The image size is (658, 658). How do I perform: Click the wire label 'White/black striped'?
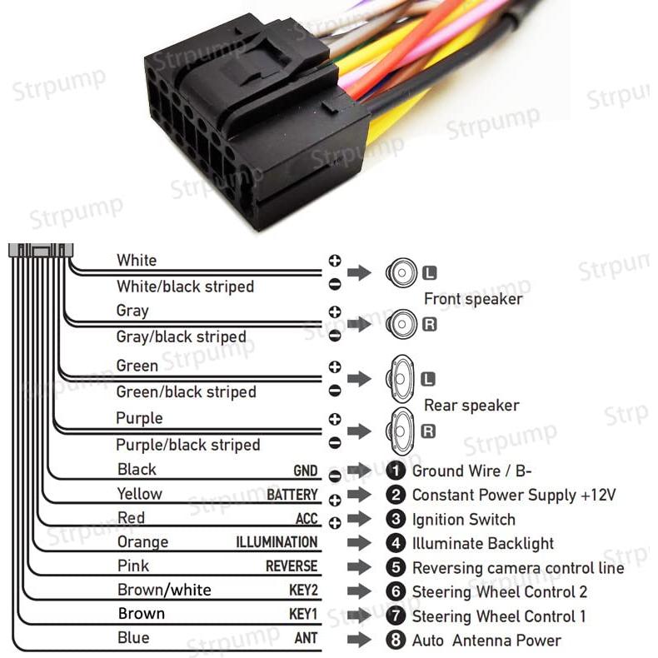[x=185, y=287]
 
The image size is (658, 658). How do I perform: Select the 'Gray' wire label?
[x=132, y=311]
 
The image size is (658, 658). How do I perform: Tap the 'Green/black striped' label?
[x=186, y=391]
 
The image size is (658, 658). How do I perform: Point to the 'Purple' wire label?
[x=139, y=418]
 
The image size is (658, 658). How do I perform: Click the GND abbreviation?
[x=305, y=471]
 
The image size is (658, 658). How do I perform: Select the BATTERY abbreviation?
[x=292, y=496]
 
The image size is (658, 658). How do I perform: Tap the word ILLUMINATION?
[x=277, y=543]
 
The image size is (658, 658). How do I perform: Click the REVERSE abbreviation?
[x=292, y=566]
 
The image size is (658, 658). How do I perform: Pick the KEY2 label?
[x=302, y=591]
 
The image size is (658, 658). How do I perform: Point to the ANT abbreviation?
[x=306, y=640]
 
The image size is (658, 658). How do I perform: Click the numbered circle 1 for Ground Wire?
[x=397, y=471]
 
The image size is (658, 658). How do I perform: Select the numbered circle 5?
[x=397, y=568]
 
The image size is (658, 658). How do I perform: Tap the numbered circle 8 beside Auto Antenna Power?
[x=397, y=641]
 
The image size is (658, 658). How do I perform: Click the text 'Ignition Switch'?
[x=463, y=520]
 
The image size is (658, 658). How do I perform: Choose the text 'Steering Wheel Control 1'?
[x=499, y=616]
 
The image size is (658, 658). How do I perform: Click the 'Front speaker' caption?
[x=473, y=299]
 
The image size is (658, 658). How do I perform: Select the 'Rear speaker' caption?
[x=471, y=406]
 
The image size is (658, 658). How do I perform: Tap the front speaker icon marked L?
[x=401, y=272]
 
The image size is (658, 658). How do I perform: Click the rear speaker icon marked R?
[x=400, y=431]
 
